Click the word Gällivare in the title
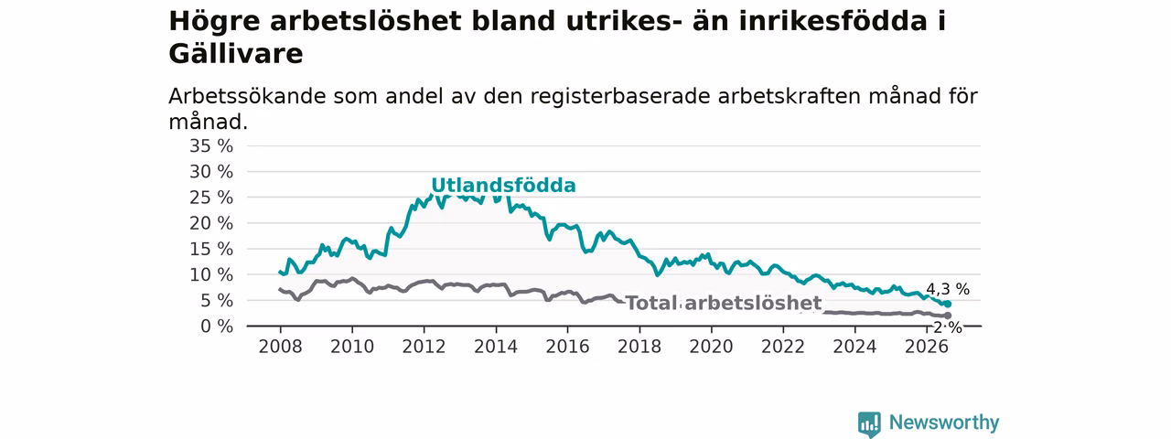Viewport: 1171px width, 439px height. (236, 54)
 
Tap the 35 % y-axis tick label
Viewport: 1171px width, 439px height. (211, 146)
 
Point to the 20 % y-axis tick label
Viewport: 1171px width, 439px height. (211, 224)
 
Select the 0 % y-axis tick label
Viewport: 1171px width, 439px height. (217, 327)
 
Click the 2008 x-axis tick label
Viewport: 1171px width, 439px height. (280, 347)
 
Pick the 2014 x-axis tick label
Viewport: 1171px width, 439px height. (496, 347)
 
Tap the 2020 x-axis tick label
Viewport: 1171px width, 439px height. (711, 347)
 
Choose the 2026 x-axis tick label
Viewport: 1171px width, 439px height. (927, 347)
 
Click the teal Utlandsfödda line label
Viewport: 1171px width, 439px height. (503, 186)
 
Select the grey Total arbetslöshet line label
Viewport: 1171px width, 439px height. (724, 303)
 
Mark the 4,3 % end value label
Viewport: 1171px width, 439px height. (948, 289)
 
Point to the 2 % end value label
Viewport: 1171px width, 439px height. (948, 327)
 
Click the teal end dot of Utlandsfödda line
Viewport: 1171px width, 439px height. (948, 305)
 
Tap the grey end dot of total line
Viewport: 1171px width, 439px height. (948, 316)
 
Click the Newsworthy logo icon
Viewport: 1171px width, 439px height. (869, 423)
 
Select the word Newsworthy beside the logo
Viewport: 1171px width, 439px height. (944, 423)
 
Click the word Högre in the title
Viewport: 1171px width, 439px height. (214, 22)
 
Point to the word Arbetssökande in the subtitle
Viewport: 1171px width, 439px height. (247, 97)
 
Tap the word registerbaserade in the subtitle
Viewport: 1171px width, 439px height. (620, 98)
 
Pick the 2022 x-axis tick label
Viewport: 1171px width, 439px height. (782, 347)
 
